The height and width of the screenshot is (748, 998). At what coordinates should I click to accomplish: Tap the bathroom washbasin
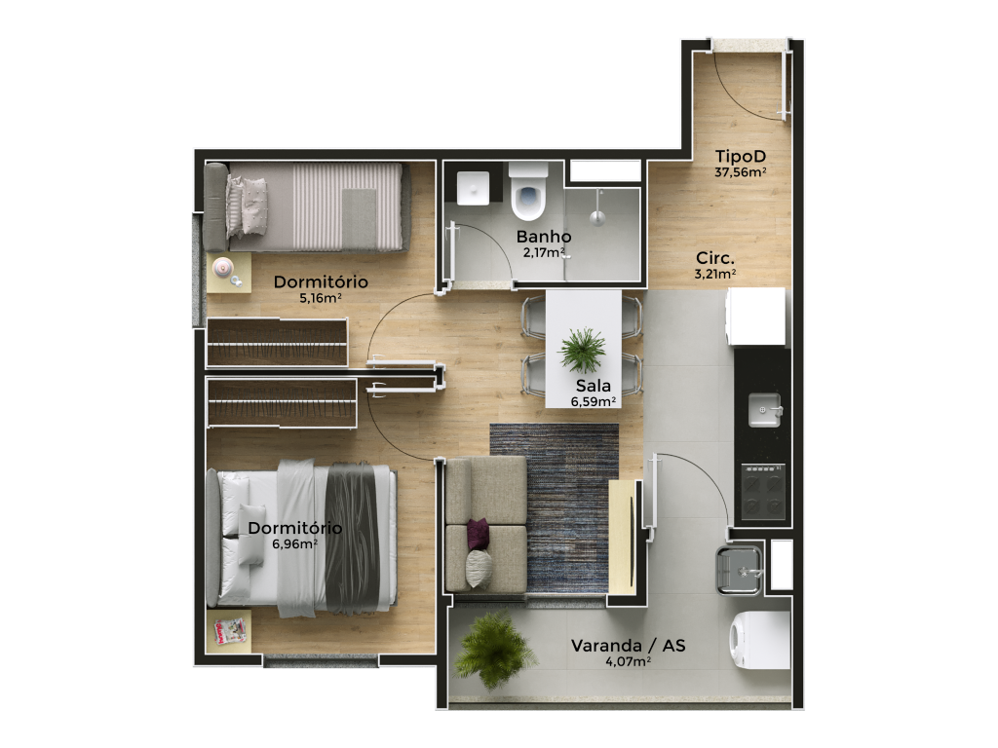(473, 188)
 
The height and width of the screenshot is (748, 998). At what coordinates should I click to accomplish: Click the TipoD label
(741, 156)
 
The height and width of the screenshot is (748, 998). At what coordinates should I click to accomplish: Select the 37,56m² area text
(741, 171)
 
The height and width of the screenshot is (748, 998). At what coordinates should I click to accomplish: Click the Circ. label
(715, 258)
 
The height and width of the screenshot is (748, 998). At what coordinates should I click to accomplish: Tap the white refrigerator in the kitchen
(756, 317)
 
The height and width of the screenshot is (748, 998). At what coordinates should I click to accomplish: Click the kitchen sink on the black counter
(764, 410)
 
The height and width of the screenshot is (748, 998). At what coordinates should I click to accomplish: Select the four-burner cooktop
(763, 492)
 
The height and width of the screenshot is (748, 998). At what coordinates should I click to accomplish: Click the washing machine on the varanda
(760, 640)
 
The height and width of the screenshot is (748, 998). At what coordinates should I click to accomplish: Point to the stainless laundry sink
(740, 570)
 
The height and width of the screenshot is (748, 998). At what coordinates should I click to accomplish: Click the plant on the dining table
(582, 350)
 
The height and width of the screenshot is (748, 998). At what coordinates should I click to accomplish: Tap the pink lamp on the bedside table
(221, 267)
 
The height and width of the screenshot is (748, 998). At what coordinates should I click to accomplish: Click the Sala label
(594, 386)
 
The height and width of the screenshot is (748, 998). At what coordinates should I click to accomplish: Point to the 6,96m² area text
(294, 543)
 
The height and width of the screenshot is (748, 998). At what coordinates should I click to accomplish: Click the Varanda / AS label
(629, 646)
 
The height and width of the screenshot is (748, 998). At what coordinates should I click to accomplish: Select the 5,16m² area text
(321, 298)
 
